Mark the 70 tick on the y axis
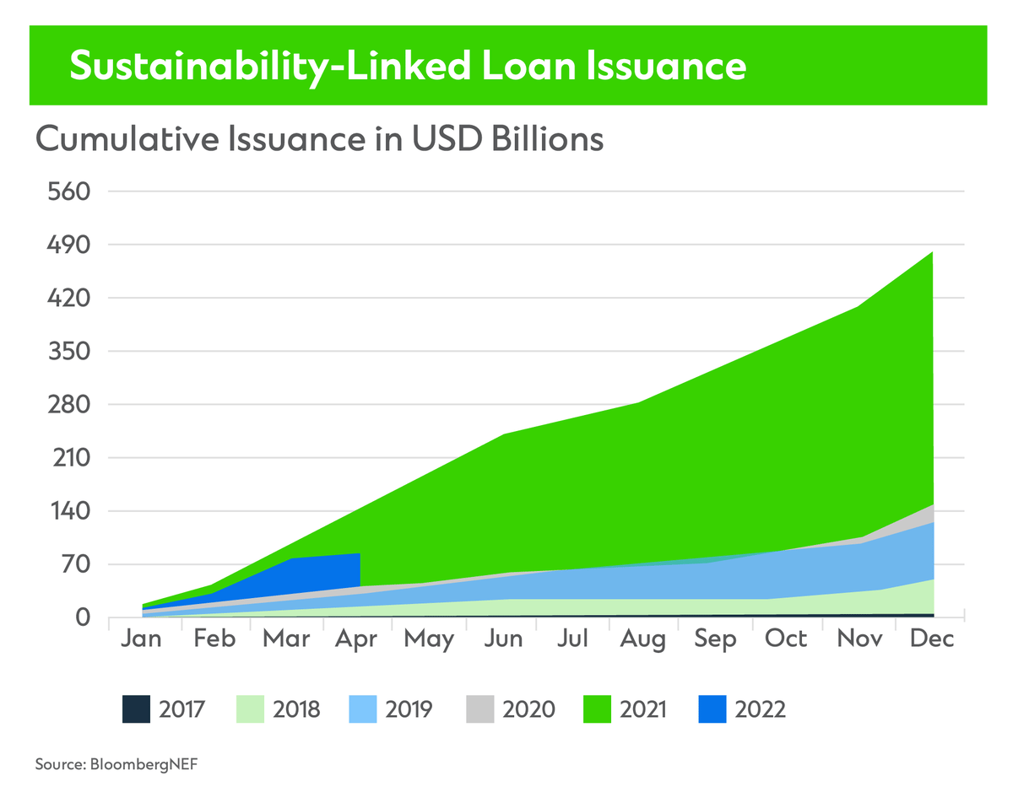pos(72,564)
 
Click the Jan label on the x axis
pos(141,639)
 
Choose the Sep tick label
pos(715,639)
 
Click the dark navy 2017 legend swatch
pos(136,709)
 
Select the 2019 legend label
pos(409,709)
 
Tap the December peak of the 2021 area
pos(932,253)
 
